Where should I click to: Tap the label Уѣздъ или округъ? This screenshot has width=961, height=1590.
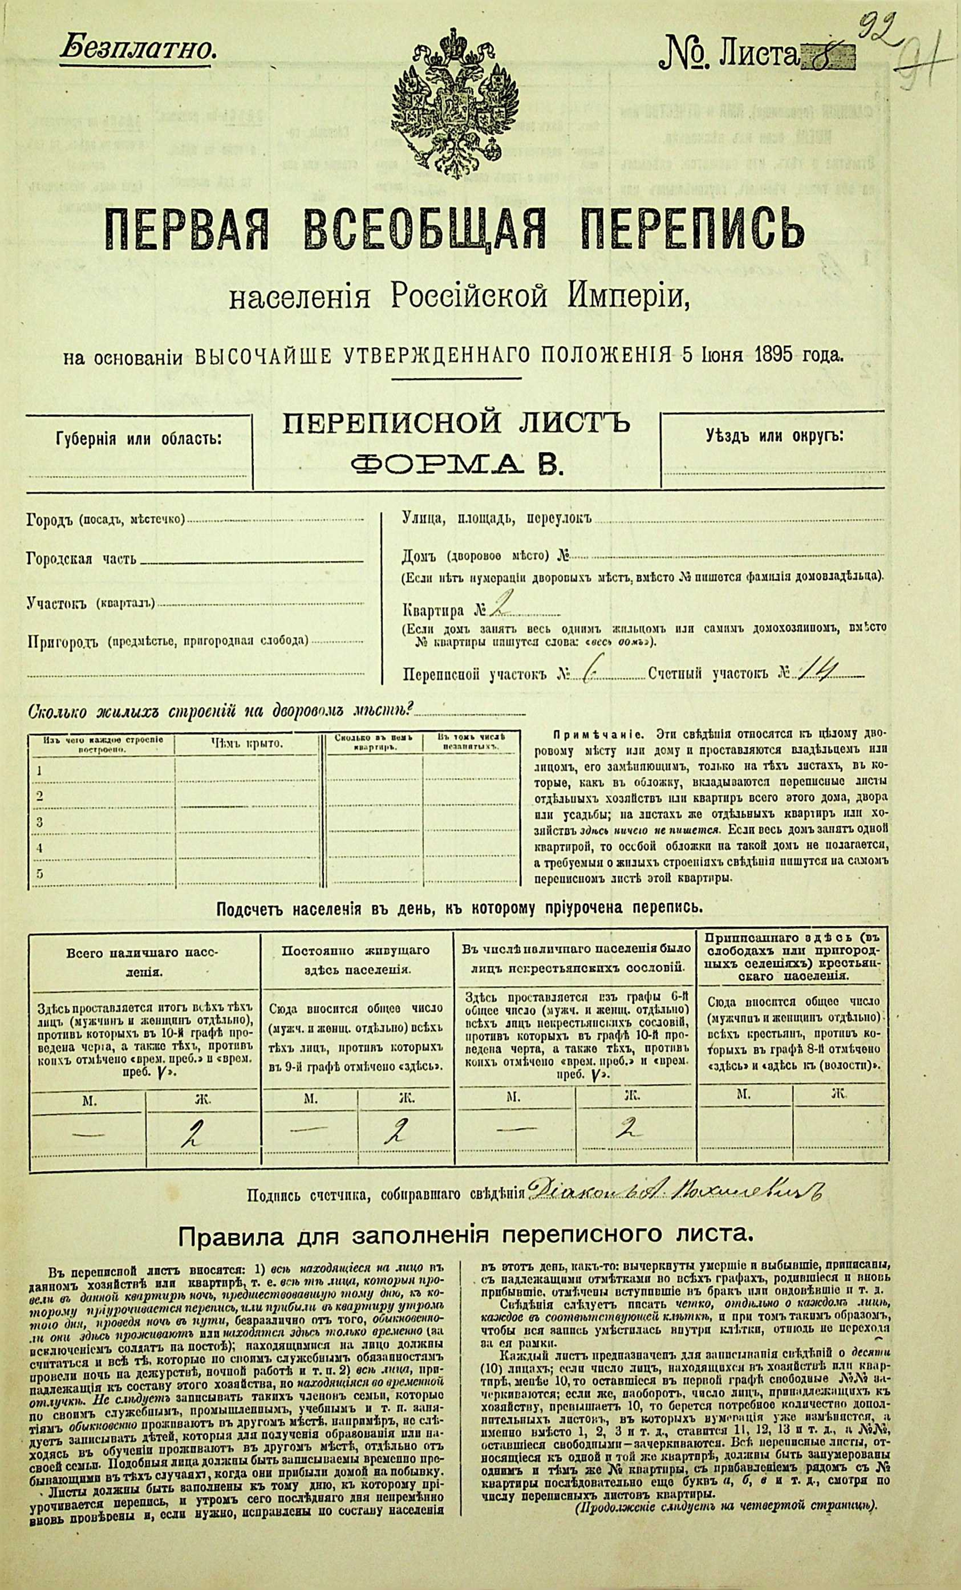pos(774,435)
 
